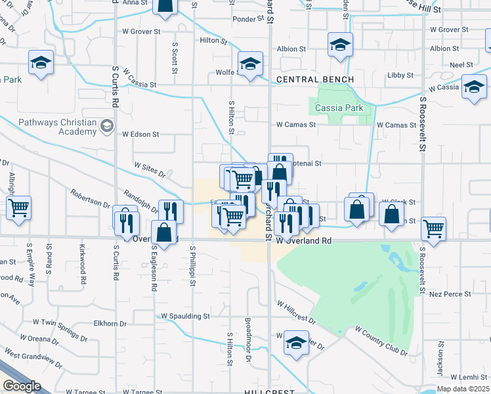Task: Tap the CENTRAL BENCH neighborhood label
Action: click(315, 79)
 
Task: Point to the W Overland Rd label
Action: click(303, 241)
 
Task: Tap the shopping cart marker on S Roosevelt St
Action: click(434, 229)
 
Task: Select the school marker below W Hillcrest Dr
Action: click(297, 342)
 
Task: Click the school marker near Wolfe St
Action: click(250, 64)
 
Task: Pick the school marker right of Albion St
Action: click(340, 45)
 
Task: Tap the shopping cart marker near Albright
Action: click(19, 208)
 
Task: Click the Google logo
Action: click(22, 385)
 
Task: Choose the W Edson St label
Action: click(140, 135)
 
